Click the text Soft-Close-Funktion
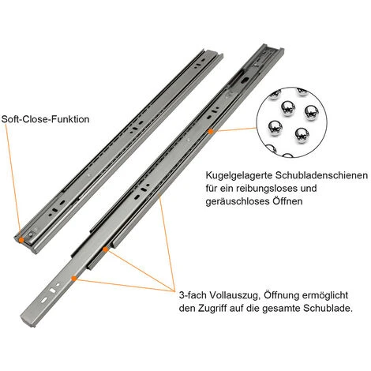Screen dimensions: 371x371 (x=45, y=119)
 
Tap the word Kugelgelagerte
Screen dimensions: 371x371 (x=239, y=175)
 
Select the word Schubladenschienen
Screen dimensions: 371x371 (x=321, y=175)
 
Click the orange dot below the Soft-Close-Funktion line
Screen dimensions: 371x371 (x=21, y=240)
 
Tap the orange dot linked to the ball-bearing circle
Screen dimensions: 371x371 (x=211, y=131)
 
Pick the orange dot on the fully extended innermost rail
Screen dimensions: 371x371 (x=74, y=278)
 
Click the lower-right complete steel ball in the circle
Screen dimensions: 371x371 (x=302, y=136)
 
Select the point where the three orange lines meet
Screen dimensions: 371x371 (x=174, y=291)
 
